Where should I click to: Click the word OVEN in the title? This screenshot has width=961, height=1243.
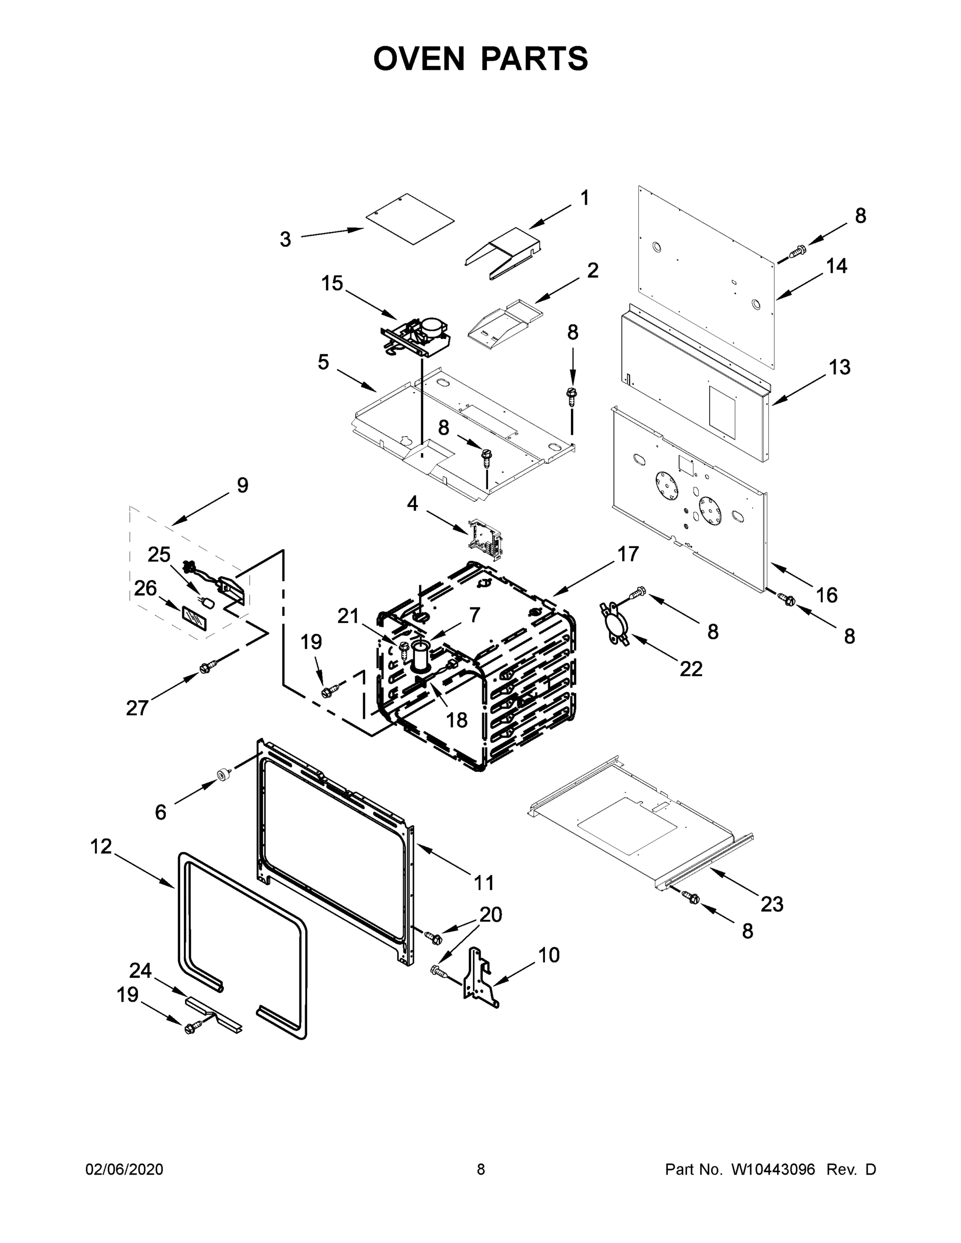[419, 58]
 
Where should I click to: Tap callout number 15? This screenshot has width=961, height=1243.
[333, 283]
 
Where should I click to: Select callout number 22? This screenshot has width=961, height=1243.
[691, 669]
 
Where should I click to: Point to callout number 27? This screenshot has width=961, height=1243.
[137, 708]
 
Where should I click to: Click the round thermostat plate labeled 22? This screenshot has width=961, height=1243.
[614, 624]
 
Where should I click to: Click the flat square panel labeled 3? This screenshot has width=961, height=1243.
[410, 219]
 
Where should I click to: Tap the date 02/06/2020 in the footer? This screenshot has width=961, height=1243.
[124, 1169]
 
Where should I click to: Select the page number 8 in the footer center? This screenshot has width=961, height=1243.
[481, 1169]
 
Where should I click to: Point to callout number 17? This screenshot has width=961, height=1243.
[628, 554]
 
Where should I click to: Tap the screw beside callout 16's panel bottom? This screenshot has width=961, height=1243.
[788, 598]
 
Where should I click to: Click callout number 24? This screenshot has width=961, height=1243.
[140, 970]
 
